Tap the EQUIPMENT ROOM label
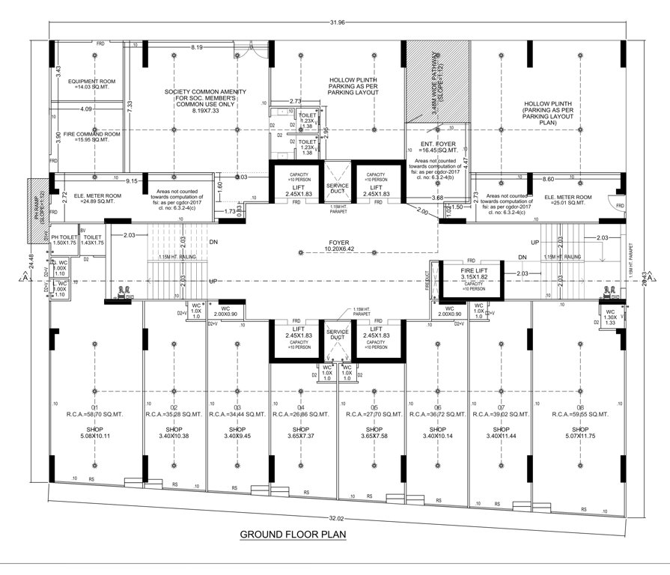pyautogui.click(x=89, y=84)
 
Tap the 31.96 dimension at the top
pyautogui.click(x=337, y=22)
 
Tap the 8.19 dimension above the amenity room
pyautogui.click(x=197, y=47)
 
